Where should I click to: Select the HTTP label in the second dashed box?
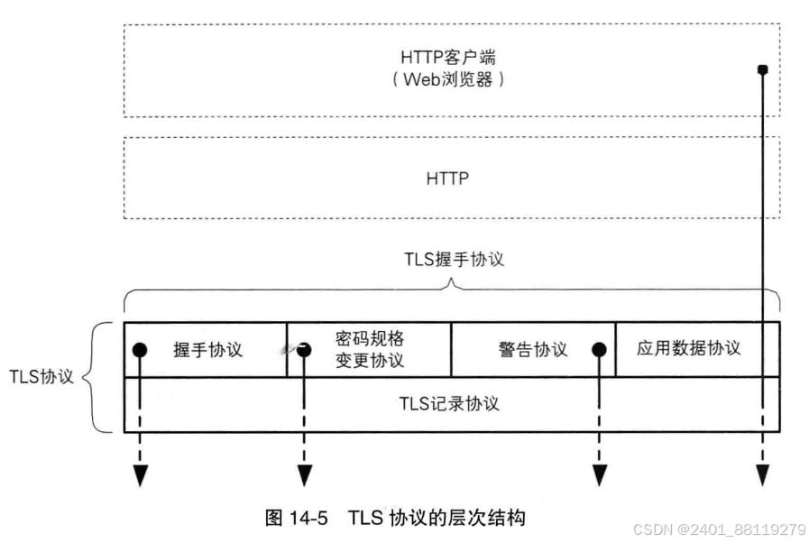pyautogui.click(x=448, y=179)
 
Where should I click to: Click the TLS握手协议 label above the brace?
pyautogui.click(x=452, y=260)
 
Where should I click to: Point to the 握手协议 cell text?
pyautogui.click(x=208, y=349)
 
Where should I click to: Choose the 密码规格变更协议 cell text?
pyautogui.click(x=370, y=350)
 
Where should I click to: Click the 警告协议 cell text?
pyautogui.click(x=533, y=349)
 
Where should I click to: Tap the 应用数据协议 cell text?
pyautogui.click(x=688, y=348)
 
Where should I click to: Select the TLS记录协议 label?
pyautogui.click(x=449, y=403)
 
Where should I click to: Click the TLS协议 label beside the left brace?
pyautogui.click(x=41, y=376)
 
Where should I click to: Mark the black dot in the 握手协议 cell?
pyautogui.click(x=139, y=350)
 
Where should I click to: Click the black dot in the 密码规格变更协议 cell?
pyautogui.click(x=305, y=349)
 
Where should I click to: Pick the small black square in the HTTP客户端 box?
pyautogui.click(x=762, y=69)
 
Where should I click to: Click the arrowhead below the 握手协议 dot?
pyautogui.click(x=139, y=474)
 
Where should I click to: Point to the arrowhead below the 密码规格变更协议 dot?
pyautogui.click(x=305, y=474)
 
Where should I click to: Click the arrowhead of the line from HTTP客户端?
pyautogui.click(x=762, y=474)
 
